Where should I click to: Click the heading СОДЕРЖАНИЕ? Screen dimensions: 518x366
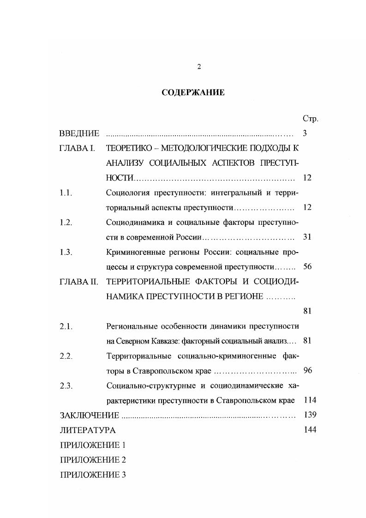pos(193,93)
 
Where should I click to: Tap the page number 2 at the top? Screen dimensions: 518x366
pos(199,66)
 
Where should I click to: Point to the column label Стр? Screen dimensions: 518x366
pos(310,119)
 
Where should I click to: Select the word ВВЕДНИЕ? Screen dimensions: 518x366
pos(79,133)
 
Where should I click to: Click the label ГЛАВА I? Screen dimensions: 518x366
pos(77,148)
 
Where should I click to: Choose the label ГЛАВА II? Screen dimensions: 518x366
pos(78,281)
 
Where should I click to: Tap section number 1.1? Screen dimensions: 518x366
pos(66,193)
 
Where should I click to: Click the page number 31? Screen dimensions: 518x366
pos(307,237)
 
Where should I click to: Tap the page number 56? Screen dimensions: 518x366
pos(307,266)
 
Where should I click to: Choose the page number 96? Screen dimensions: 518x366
pos(307,370)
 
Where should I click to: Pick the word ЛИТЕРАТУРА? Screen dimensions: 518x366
pos(88,430)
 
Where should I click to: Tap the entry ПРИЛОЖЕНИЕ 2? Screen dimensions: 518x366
pos(93,459)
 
